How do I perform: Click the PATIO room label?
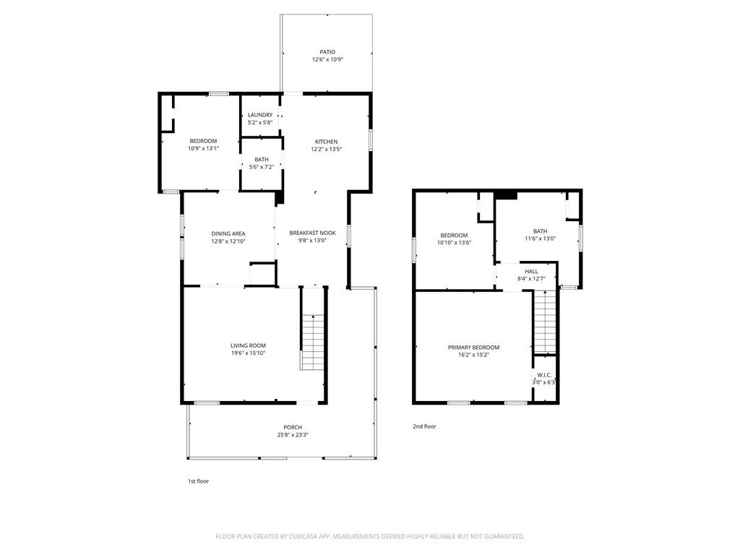(x=327, y=52)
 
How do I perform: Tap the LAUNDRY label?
(x=260, y=115)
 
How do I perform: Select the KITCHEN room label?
(x=326, y=142)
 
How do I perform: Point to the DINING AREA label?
(x=228, y=233)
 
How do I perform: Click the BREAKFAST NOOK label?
(x=312, y=233)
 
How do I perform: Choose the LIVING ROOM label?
(x=249, y=345)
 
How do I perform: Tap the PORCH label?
(x=293, y=428)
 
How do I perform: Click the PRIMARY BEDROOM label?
(x=473, y=348)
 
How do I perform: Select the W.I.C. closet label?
(x=544, y=375)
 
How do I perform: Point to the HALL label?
(x=531, y=272)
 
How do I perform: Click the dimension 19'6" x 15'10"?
(x=249, y=353)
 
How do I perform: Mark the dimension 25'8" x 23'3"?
(x=293, y=435)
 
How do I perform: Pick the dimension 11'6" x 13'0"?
(x=541, y=238)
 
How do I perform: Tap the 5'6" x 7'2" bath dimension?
(x=262, y=167)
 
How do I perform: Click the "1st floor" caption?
(x=198, y=481)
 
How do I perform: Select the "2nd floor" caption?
(x=424, y=426)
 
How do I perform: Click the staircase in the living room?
(x=312, y=342)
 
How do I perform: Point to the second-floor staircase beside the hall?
(x=545, y=322)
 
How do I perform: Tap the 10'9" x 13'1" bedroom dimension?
(x=203, y=149)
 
